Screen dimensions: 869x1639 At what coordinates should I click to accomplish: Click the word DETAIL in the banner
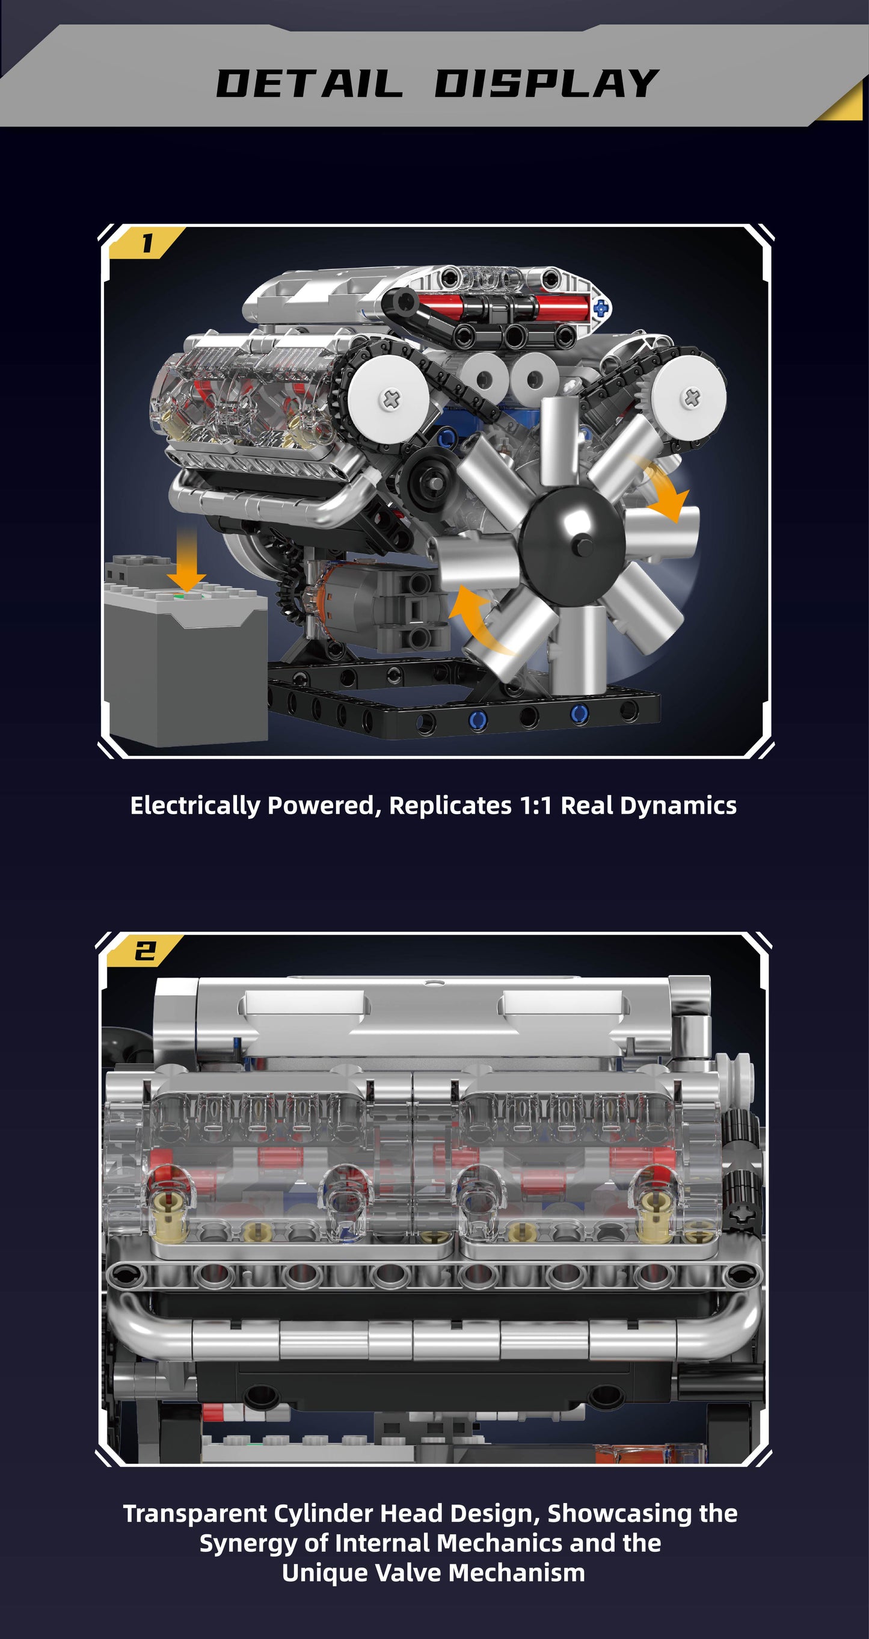(x=310, y=84)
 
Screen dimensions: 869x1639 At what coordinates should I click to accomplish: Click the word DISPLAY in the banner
(x=547, y=84)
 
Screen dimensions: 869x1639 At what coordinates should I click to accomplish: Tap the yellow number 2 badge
(x=144, y=951)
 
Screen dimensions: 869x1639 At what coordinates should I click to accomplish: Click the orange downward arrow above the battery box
(x=187, y=560)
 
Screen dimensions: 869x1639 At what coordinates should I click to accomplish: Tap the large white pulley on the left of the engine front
(x=387, y=399)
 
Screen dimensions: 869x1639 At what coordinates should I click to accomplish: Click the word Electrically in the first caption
(x=195, y=806)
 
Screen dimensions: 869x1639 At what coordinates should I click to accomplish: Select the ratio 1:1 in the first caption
(x=536, y=806)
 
